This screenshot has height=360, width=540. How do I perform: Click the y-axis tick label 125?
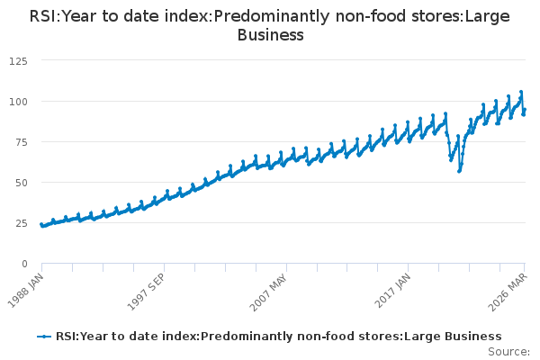[16, 60]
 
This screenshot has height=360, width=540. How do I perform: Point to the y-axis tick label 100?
[16, 101]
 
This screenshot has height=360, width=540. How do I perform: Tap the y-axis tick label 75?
[20, 141]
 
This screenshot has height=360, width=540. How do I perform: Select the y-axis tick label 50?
[20, 182]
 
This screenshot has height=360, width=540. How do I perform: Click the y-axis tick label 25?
[20, 222]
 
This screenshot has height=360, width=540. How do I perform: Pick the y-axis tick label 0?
[23, 263]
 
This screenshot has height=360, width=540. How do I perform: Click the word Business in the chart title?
[270, 35]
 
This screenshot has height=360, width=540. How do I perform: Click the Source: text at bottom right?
[508, 351]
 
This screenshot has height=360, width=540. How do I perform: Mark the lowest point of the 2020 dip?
[459, 171]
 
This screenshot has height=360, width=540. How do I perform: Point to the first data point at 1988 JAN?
[41, 225]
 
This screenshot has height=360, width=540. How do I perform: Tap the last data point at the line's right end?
[525, 110]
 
